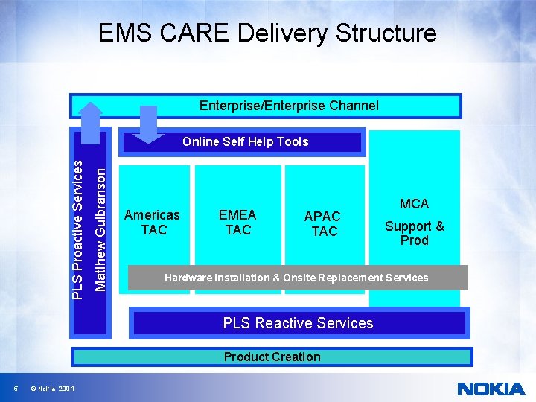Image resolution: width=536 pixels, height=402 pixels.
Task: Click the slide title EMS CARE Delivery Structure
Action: coord(267,33)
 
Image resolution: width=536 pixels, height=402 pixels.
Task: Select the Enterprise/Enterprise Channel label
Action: coord(289,106)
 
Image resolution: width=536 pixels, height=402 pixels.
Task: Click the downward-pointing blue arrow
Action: coord(150,124)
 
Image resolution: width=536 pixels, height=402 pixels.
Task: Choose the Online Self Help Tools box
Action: coord(245,141)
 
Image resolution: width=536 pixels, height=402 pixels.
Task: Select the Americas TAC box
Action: coord(152,223)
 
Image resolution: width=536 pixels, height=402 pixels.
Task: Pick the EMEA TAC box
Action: coord(237,223)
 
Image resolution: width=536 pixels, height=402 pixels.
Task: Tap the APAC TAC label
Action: coord(324,223)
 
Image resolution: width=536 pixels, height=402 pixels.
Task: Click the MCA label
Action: coord(414,204)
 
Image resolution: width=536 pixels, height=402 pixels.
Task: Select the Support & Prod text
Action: coord(414,233)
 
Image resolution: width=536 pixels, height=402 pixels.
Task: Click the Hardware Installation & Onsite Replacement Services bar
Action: coord(297,278)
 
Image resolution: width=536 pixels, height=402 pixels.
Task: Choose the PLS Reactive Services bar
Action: coord(298,323)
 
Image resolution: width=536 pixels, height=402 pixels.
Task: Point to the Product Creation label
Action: coord(272,357)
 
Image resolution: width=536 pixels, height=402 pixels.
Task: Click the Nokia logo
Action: coord(491,388)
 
